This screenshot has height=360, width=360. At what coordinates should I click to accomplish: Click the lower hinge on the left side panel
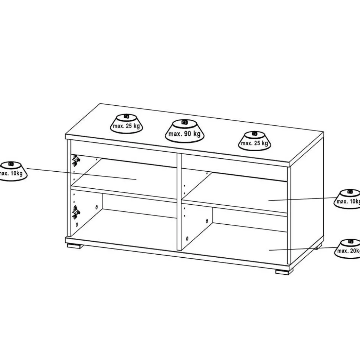point(76,212)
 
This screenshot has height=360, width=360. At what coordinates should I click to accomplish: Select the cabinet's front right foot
point(284,272)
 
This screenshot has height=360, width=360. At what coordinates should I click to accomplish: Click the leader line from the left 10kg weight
point(82,174)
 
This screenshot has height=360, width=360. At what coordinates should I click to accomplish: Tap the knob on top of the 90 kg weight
point(184,122)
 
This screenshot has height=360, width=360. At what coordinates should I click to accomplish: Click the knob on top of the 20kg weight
point(350,241)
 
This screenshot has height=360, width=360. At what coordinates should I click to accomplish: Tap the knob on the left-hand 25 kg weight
point(126,116)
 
